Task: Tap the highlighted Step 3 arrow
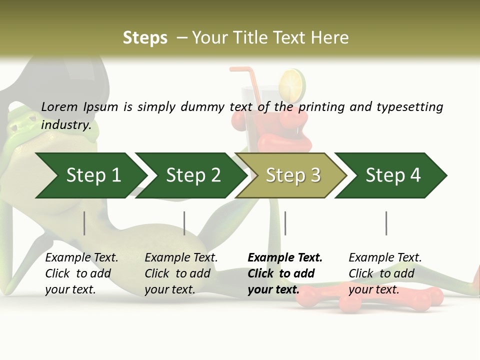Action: tap(293, 175)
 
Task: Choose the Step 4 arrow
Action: tap(393, 175)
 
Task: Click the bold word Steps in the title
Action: tap(145, 37)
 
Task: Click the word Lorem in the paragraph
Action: tap(59, 106)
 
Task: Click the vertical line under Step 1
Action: tap(84, 223)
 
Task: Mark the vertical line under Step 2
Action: tap(184, 223)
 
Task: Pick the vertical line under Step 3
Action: tap(285, 223)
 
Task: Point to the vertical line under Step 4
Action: tap(386, 223)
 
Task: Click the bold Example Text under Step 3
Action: tap(285, 258)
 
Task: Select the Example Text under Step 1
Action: tap(81, 258)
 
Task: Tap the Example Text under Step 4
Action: tap(385, 258)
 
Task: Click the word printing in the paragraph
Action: tap(321, 106)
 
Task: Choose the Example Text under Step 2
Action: tap(181, 258)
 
